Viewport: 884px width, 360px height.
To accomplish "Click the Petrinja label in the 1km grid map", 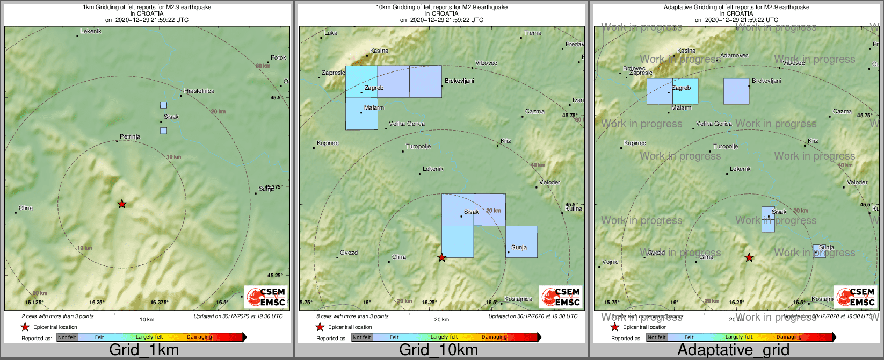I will click(x=129, y=137).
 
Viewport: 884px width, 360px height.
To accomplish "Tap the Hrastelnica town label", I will click(x=199, y=91).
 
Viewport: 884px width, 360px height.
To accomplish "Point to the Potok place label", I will click(x=278, y=58).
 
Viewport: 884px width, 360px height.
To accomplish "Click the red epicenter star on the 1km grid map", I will click(x=122, y=204).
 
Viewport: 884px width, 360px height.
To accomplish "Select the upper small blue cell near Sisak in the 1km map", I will click(x=163, y=105).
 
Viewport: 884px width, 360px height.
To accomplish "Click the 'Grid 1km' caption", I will click(x=143, y=350).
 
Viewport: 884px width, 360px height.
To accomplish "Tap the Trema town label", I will click(x=533, y=33).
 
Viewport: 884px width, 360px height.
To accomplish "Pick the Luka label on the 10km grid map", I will click(x=331, y=33).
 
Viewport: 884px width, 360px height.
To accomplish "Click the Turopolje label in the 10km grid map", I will click(x=418, y=147).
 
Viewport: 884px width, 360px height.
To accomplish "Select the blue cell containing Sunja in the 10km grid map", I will click(x=521, y=242).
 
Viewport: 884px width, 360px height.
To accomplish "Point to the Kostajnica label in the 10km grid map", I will click(x=518, y=299).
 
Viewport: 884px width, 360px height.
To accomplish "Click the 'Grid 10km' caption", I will click(x=438, y=350).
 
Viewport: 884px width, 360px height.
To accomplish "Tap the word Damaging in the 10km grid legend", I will click(x=494, y=337).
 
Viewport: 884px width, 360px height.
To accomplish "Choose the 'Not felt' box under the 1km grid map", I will click(x=67, y=337).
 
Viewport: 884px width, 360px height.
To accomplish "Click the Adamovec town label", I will click(x=734, y=56).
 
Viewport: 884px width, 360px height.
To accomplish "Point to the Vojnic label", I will click(x=610, y=262).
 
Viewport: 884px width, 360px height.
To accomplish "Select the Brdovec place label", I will click(x=634, y=69).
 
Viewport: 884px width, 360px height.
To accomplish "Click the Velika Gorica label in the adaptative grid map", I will click(x=714, y=124).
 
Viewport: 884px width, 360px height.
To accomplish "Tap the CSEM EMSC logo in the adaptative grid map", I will click(x=856, y=297).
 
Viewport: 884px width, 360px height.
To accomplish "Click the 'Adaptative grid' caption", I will click(x=733, y=350).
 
